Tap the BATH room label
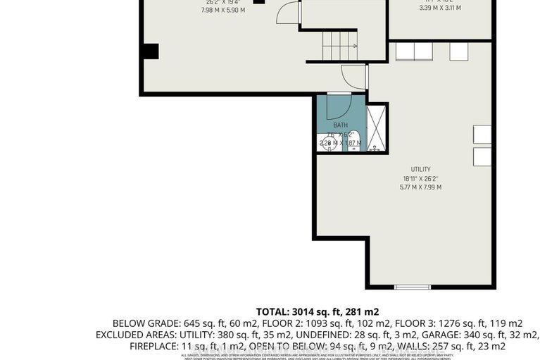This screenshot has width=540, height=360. pos(341,125)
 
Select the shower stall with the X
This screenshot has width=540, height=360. pos(377,128)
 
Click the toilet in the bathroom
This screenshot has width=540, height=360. pos(354,141)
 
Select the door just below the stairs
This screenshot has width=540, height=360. pos(351,76)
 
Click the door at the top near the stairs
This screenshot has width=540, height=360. pos(287,13)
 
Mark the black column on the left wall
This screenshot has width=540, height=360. pos(149,51)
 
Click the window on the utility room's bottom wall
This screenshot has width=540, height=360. pos(413,287)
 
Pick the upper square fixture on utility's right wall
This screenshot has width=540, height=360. pos(482,135)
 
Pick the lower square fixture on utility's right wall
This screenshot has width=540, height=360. pos(482,156)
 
